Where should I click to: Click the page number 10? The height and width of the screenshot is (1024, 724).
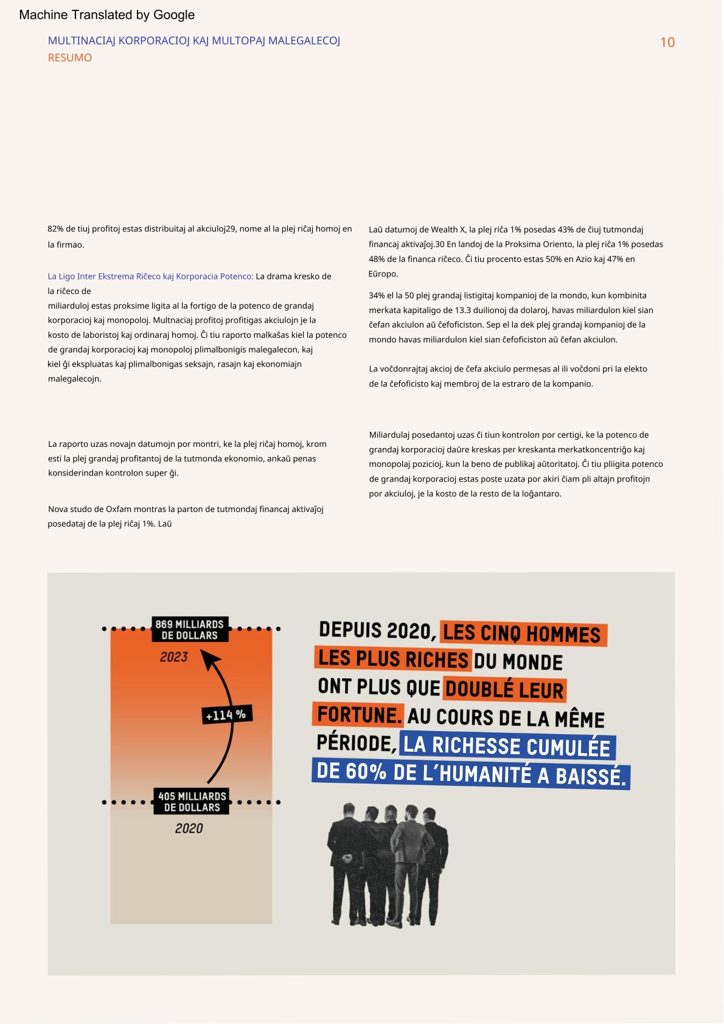point(667,43)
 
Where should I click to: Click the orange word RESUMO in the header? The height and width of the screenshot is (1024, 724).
point(70,58)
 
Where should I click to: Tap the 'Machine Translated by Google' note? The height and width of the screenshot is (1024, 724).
point(106,15)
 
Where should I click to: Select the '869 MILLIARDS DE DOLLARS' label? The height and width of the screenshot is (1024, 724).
point(190,629)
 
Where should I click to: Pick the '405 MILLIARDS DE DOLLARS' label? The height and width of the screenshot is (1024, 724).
point(192,801)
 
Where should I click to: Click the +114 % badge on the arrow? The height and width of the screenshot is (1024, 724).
point(226,715)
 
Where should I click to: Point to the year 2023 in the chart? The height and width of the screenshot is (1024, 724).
point(174,657)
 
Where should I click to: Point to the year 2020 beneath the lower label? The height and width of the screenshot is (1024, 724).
point(189,828)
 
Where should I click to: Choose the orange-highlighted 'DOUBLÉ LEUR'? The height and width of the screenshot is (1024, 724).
point(504,690)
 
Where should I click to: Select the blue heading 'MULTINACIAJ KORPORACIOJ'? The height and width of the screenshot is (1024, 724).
point(119,41)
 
